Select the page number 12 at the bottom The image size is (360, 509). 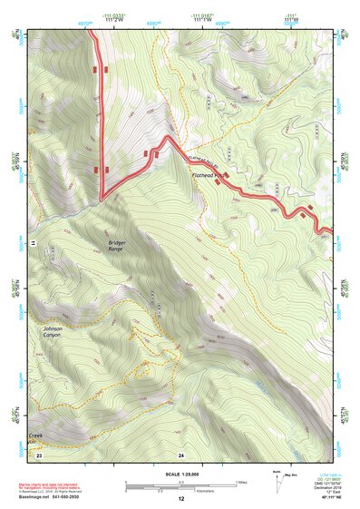click(x=180, y=499)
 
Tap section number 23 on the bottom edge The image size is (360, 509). click(x=40, y=454)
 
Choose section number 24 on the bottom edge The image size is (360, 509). click(x=181, y=454)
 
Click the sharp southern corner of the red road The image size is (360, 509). click(x=102, y=198)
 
